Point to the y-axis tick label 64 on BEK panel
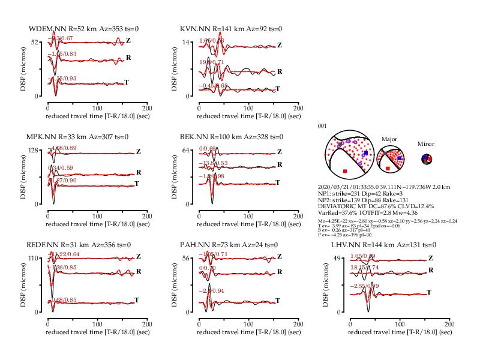186,150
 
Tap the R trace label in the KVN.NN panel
280,71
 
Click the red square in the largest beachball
344,172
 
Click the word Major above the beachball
389,139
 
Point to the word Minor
426,144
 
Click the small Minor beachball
426,159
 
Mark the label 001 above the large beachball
322,126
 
